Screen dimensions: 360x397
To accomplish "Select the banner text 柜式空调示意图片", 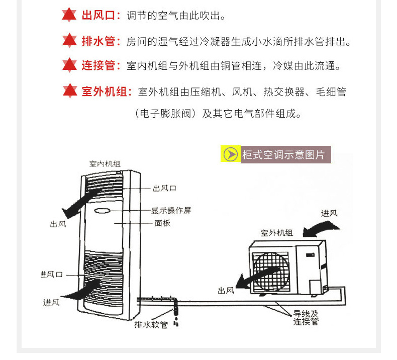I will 283,155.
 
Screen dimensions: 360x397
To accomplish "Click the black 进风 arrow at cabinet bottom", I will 80,289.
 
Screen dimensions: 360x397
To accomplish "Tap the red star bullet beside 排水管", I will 69,41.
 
